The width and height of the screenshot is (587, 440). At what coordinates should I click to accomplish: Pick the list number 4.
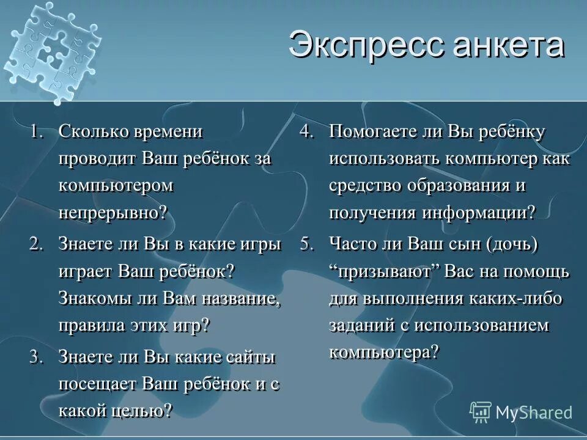(x=307, y=131)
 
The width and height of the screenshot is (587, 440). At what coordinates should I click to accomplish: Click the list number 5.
(x=307, y=244)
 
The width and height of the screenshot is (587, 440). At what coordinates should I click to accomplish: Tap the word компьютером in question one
(x=116, y=186)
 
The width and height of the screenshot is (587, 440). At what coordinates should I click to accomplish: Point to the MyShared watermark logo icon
(x=481, y=412)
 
